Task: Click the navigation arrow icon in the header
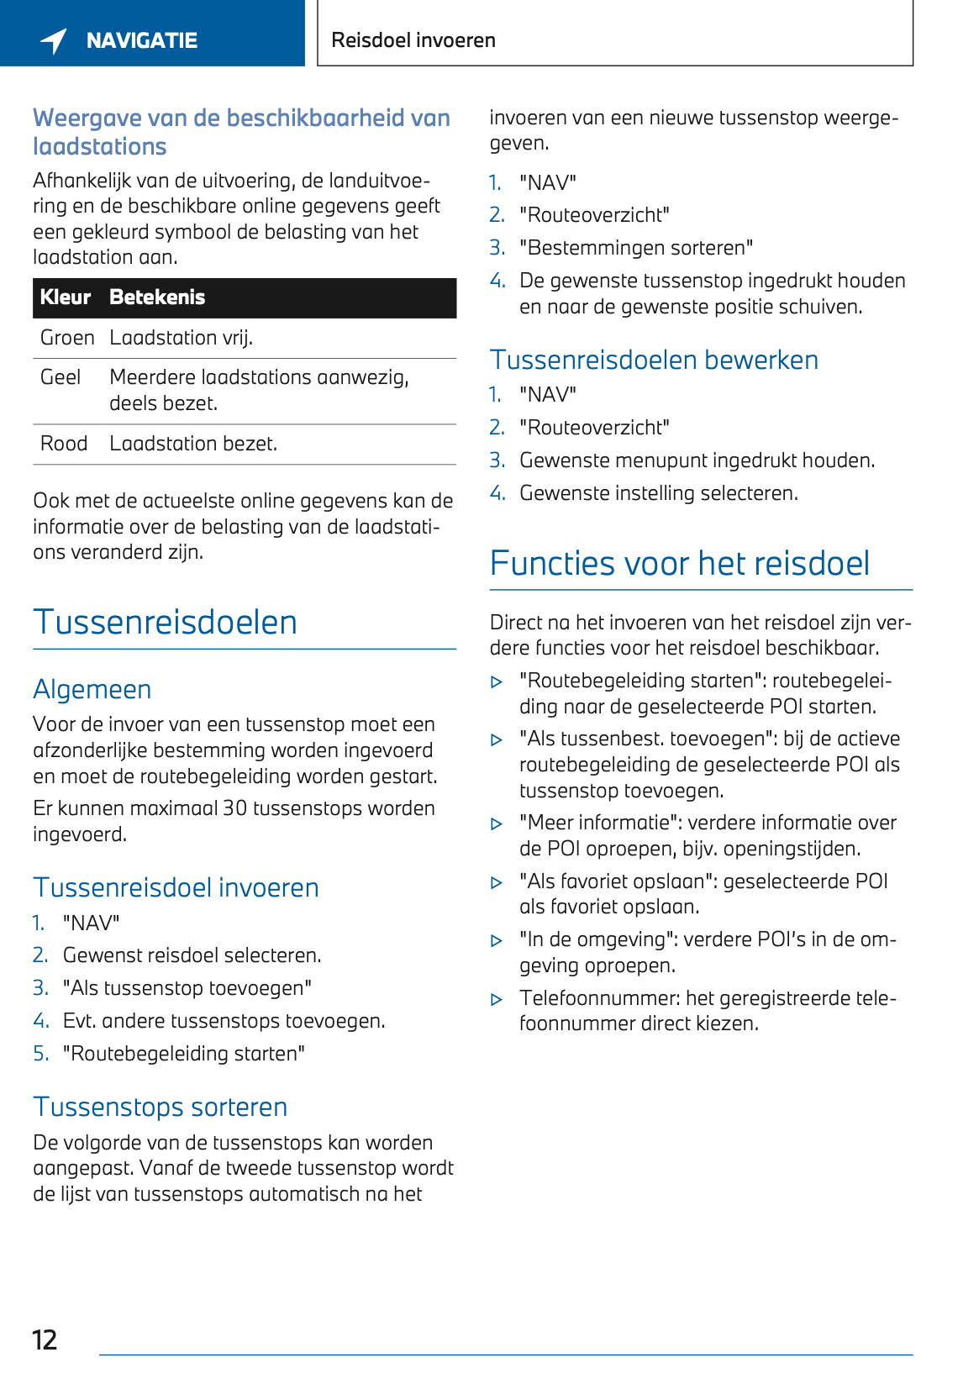(x=54, y=40)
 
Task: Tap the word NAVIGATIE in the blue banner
(x=141, y=40)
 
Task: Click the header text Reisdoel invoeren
(x=413, y=40)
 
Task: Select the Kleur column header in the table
(x=65, y=297)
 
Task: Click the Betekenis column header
(x=157, y=297)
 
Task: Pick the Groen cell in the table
(x=67, y=338)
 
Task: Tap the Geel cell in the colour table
(x=61, y=377)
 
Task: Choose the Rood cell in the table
(x=64, y=444)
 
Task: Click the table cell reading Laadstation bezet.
(x=193, y=444)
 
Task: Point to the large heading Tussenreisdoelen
(x=165, y=623)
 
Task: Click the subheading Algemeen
(x=92, y=690)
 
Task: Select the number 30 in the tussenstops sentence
(x=234, y=808)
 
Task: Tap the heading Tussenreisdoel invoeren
(x=176, y=888)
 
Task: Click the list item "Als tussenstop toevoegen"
(x=187, y=988)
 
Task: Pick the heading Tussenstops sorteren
(x=160, y=1108)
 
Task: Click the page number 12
(x=45, y=1339)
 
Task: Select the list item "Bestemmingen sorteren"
(x=635, y=248)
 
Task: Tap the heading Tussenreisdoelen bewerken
(x=654, y=360)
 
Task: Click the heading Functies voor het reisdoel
(x=679, y=564)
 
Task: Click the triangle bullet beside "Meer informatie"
(x=497, y=824)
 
